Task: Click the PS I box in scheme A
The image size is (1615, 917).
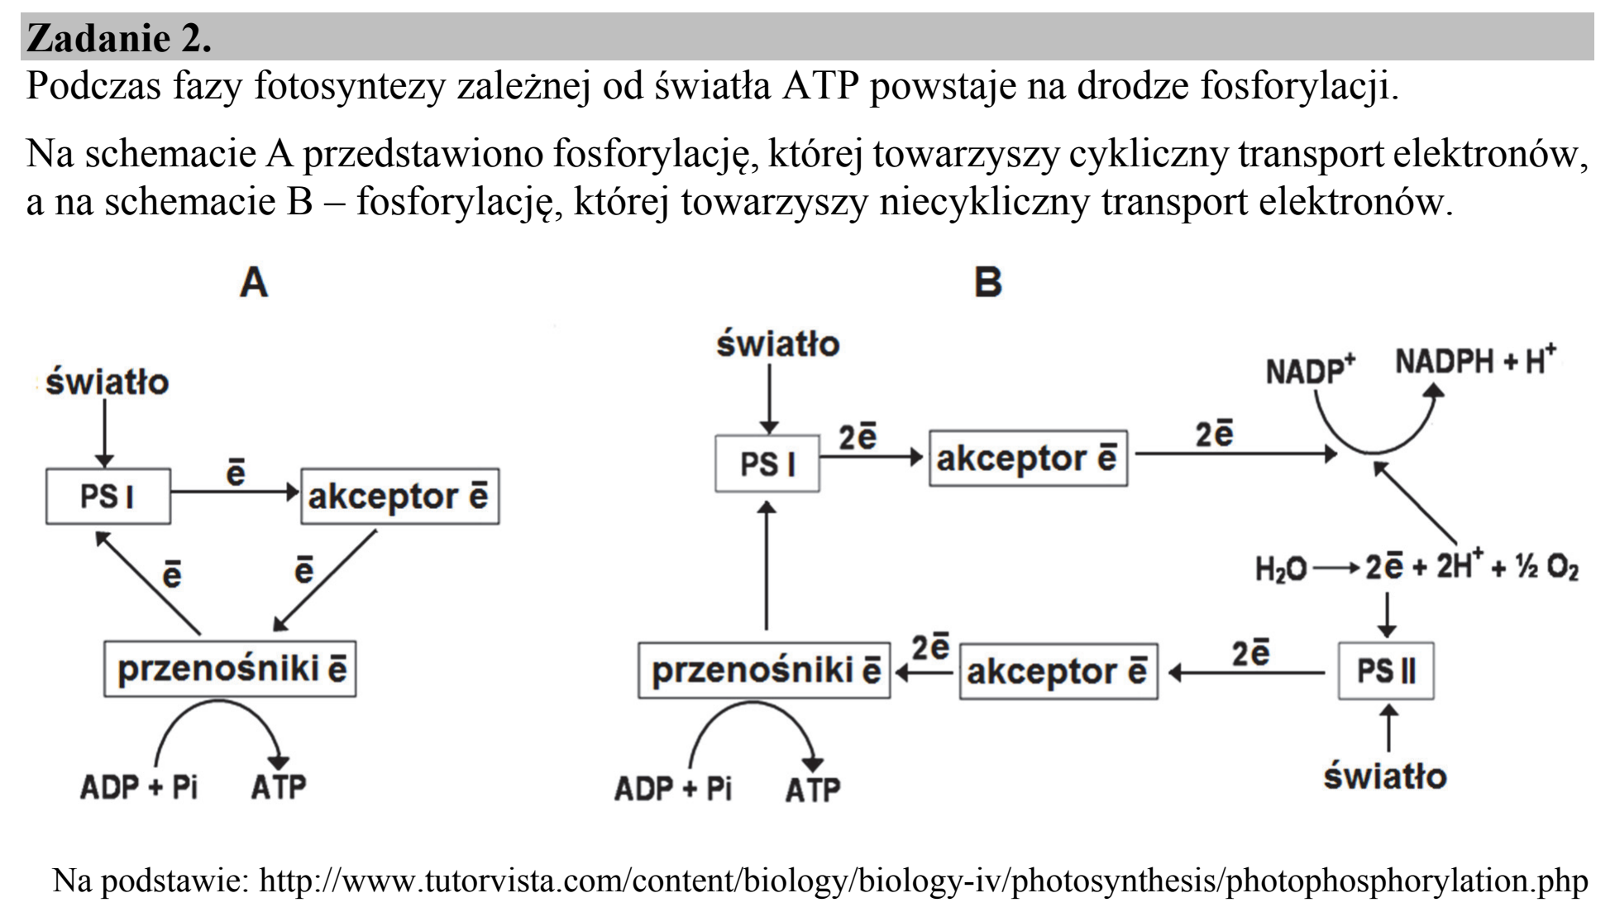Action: coord(108,497)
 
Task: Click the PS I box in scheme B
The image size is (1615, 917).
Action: coord(767,463)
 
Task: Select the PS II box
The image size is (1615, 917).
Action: coord(1386,671)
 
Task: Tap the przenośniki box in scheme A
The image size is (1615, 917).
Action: coord(230,668)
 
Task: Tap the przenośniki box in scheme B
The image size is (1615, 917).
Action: coord(764,670)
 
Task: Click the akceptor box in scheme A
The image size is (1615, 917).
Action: coord(400,497)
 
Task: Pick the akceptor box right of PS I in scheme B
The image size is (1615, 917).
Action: coord(1028,458)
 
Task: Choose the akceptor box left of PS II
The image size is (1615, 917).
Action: coord(1058,671)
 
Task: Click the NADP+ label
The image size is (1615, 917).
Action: coord(1310,370)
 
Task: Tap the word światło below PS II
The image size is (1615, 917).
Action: coord(1386,775)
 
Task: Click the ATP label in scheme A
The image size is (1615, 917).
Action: coord(279,786)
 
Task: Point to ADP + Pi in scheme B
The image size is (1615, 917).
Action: coord(673,789)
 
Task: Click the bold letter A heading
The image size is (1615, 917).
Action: coord(254,283)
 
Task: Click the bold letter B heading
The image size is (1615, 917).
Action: coord(988,283)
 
